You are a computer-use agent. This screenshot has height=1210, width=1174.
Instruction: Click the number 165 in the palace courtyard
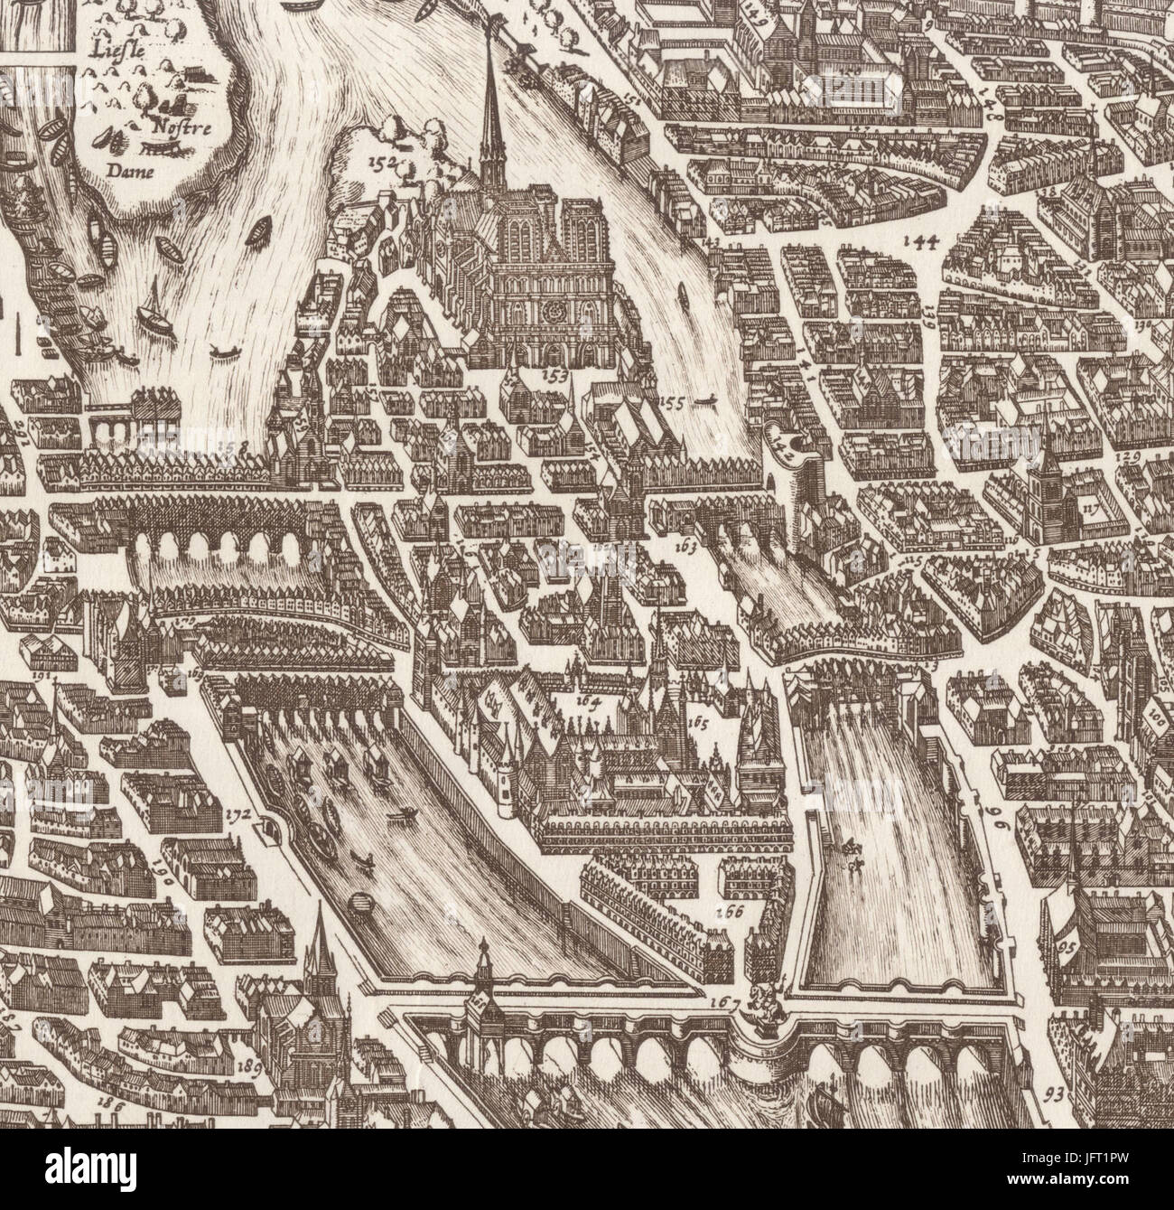point(699,722)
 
